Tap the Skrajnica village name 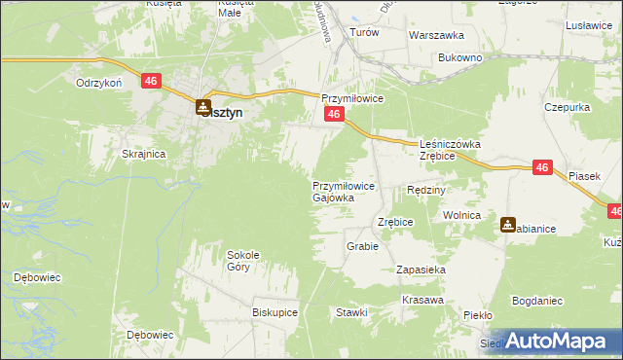pyautogui.click(x=143, y=154)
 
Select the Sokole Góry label pyautogui.click(x=241, y=260)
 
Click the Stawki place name pyautogui.click(x=351, y=312)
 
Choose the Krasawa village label pyautogui.click(x=421, y=300)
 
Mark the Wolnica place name pyautogui.click(x=462, y=214)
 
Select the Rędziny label pyautogui.click(x=425, y=190)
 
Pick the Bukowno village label pyautogui.click(x=460, y=58)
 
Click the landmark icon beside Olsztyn pyautogui.click(x=202, y=108)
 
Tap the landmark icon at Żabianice pyautogui.click(x=508, y=225)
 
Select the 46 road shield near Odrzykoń pyautogui.click(x=150, y=82)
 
